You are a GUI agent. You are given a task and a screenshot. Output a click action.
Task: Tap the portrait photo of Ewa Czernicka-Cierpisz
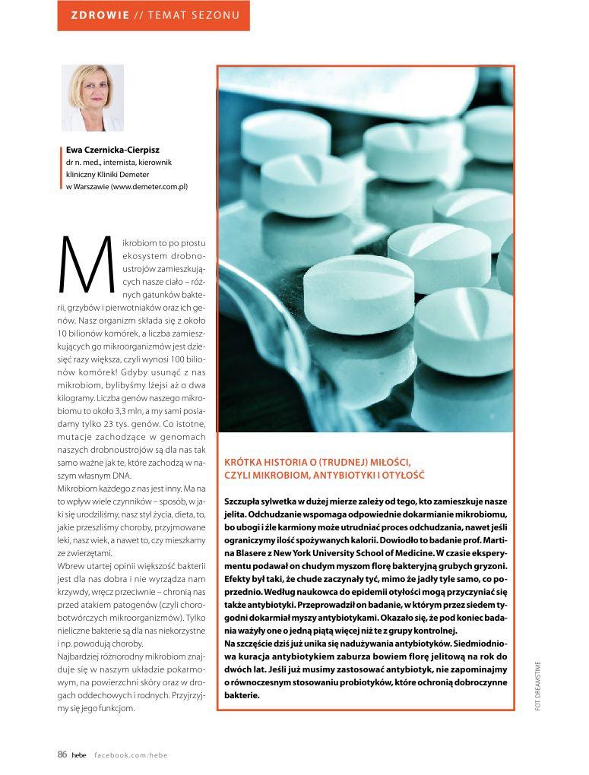tap(92, 98)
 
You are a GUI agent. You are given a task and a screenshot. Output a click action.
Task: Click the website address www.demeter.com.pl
tap(150, 186)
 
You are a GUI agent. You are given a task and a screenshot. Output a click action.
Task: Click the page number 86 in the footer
tap(62, 754)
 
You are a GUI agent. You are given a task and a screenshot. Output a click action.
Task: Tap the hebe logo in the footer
tap(79, 755)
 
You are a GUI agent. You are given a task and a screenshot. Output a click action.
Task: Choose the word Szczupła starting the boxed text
tap(243, 501)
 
